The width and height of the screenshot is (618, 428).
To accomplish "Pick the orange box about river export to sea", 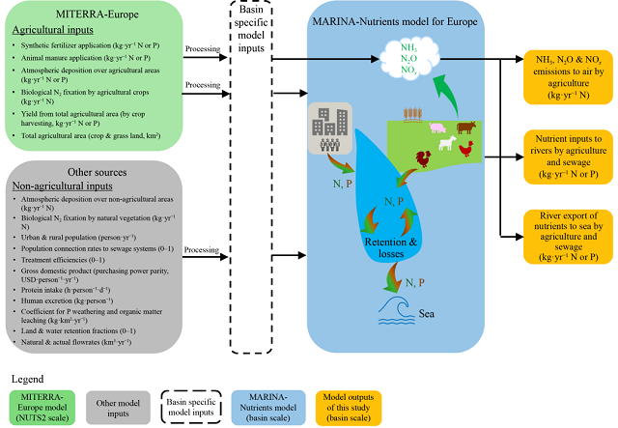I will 567,235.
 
